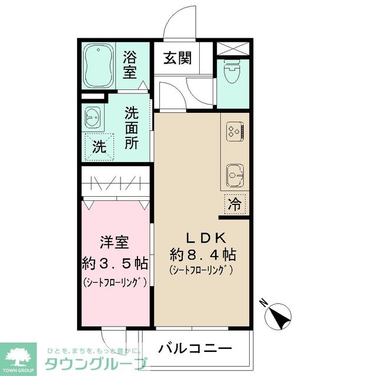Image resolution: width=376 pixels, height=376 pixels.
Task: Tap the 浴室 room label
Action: click(130, 65)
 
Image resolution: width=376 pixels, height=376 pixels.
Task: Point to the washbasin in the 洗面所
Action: click(92, 117)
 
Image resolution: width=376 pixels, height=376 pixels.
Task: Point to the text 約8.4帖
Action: click(203, 255)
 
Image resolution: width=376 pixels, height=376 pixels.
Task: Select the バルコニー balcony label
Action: click(195, 348)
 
